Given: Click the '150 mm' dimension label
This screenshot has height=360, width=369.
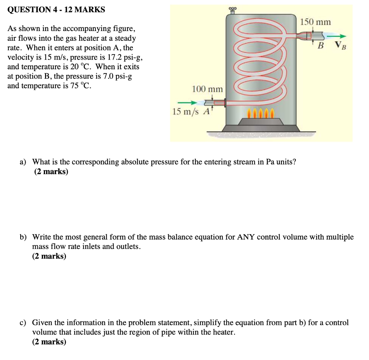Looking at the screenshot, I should [316, 22].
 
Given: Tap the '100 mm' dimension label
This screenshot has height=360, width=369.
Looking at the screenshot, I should [207, 89].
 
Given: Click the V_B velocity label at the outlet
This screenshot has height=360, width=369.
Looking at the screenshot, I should [339, 45].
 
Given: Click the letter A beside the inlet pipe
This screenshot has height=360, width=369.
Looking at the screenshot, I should [206, 111].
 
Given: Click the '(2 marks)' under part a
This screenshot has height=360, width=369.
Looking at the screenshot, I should [51, 171].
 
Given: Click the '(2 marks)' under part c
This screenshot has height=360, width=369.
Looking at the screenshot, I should [49, 342].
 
